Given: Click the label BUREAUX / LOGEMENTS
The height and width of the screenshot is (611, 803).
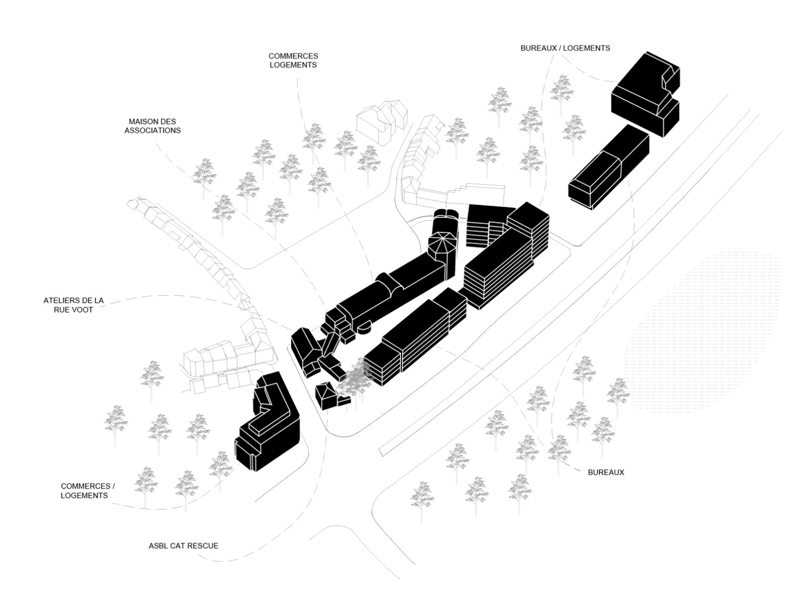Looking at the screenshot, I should pyautogui.click(x=565, y=48).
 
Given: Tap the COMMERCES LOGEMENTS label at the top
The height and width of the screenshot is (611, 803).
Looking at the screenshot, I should pyautogui.click(x=293, y=61).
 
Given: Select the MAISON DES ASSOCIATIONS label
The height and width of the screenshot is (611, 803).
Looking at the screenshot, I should pyautogui.click(x=152, y=126).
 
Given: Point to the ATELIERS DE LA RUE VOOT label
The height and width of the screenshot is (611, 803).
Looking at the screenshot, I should pyautogui.click(x=74, y=305).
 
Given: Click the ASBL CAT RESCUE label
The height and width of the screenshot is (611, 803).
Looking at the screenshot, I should pyautogui.click(x=183, y=546).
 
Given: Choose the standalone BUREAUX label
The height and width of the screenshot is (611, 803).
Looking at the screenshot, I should pyautogui.click(x=606, y=473).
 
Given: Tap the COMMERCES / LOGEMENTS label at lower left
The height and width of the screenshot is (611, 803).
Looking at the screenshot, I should pyautogui.click(x=88, y=491).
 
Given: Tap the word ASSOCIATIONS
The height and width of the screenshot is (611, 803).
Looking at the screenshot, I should pyautogui.click(x=152, y=131).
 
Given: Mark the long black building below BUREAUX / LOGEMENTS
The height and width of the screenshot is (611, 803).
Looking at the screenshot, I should pyautogui.click(x=608, y=166).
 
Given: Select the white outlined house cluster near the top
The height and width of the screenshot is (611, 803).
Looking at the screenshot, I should pyautogui.click(x=382, y=119).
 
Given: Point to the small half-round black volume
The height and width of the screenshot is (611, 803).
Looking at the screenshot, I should pyautogui.click(x=363, y=328).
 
